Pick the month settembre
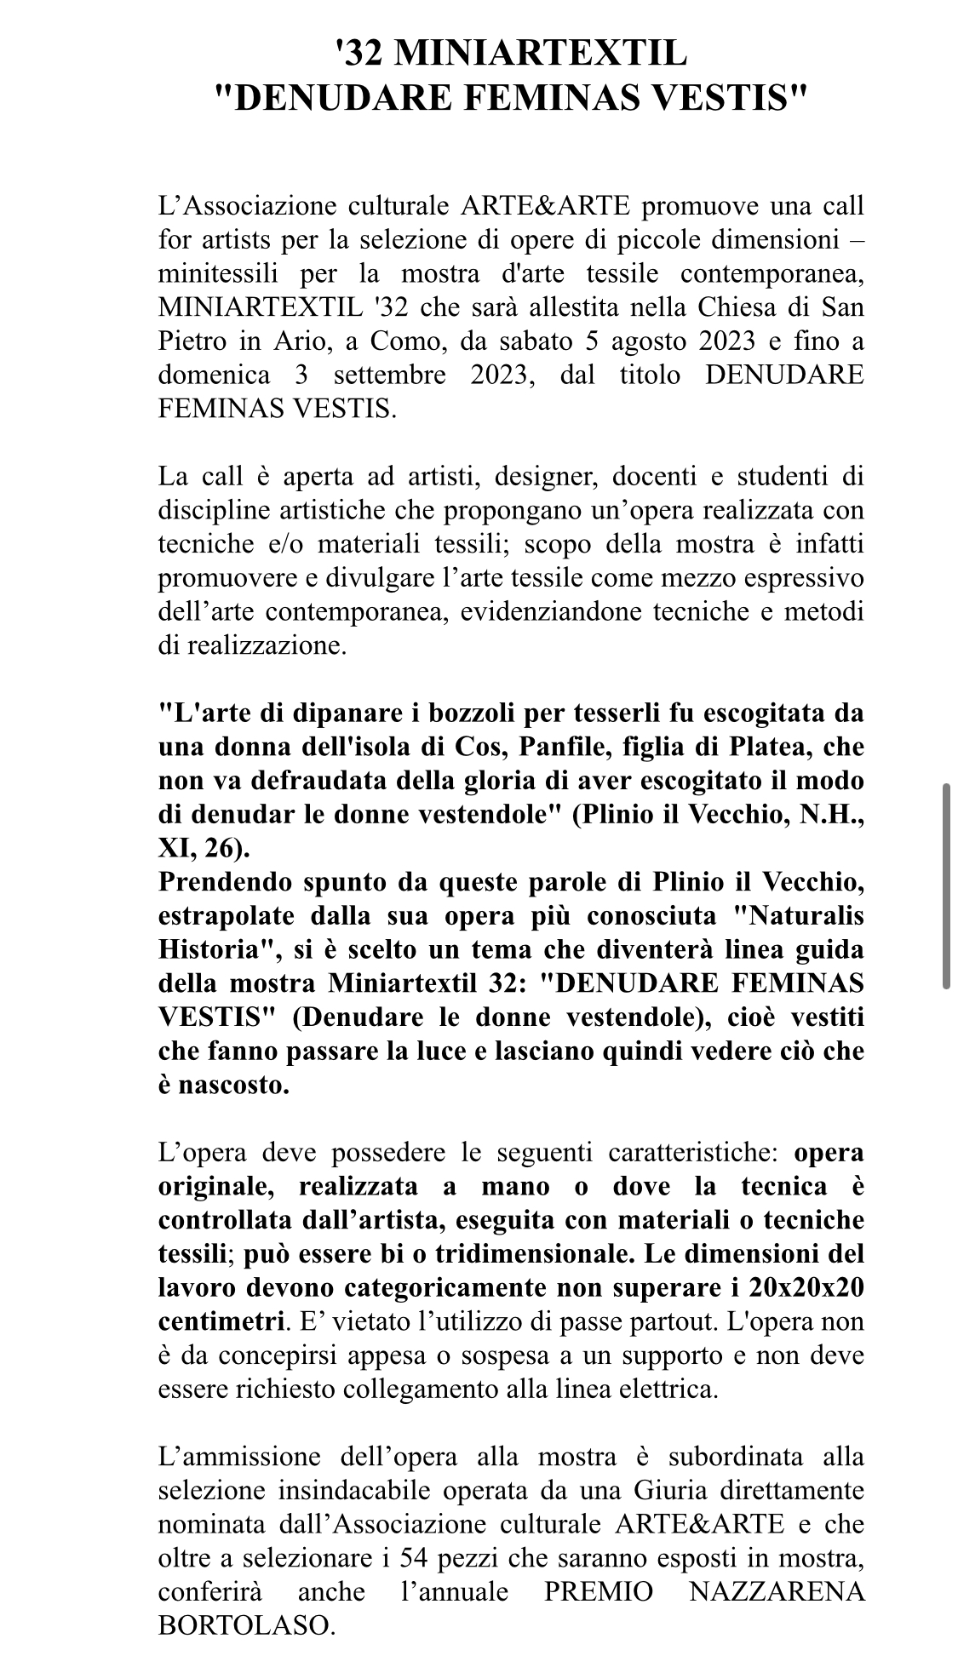click(390, 375)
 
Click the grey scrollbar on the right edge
click(946, 885)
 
